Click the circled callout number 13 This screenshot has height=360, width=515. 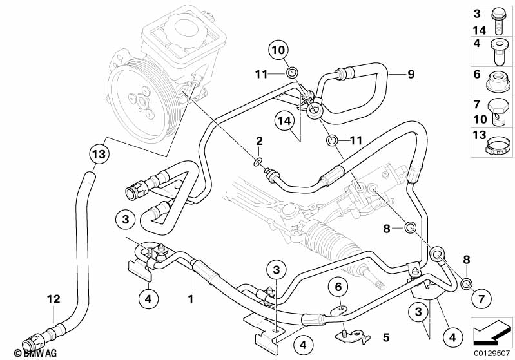(97, 154)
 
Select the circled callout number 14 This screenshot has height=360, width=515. (284, 120)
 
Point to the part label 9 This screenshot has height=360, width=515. (410, 75)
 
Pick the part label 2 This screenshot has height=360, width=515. (258, 140)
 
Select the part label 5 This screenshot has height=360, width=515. (386, 337)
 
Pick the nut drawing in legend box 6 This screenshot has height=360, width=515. (498, 81)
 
